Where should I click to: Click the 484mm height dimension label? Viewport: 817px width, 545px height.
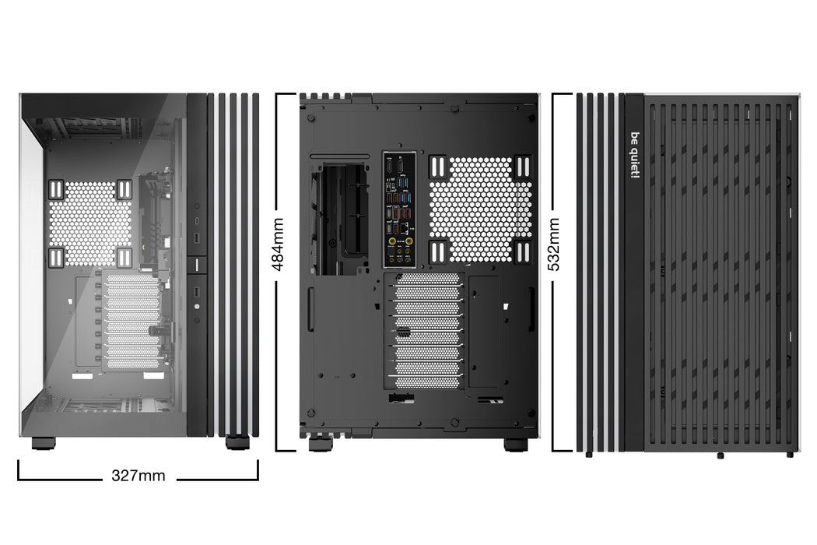pos(278,244)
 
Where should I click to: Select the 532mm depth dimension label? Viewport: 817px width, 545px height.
pos(555,244)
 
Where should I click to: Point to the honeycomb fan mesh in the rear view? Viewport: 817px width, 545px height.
pos(481,209)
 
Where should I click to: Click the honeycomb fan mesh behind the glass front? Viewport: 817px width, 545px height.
pos(90,223)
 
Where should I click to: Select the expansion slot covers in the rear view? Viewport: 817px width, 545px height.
pos(426,330)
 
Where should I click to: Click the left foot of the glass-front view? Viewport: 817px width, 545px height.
pos(44,443)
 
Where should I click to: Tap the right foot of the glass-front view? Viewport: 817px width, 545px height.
pos(237,443)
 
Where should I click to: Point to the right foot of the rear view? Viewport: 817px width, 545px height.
pos(515,445)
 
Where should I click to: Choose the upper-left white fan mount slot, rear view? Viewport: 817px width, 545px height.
pos(437,166)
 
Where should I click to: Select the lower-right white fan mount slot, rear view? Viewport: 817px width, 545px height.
pos(522,251)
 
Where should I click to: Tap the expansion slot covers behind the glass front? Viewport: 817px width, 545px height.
pos(132,321)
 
